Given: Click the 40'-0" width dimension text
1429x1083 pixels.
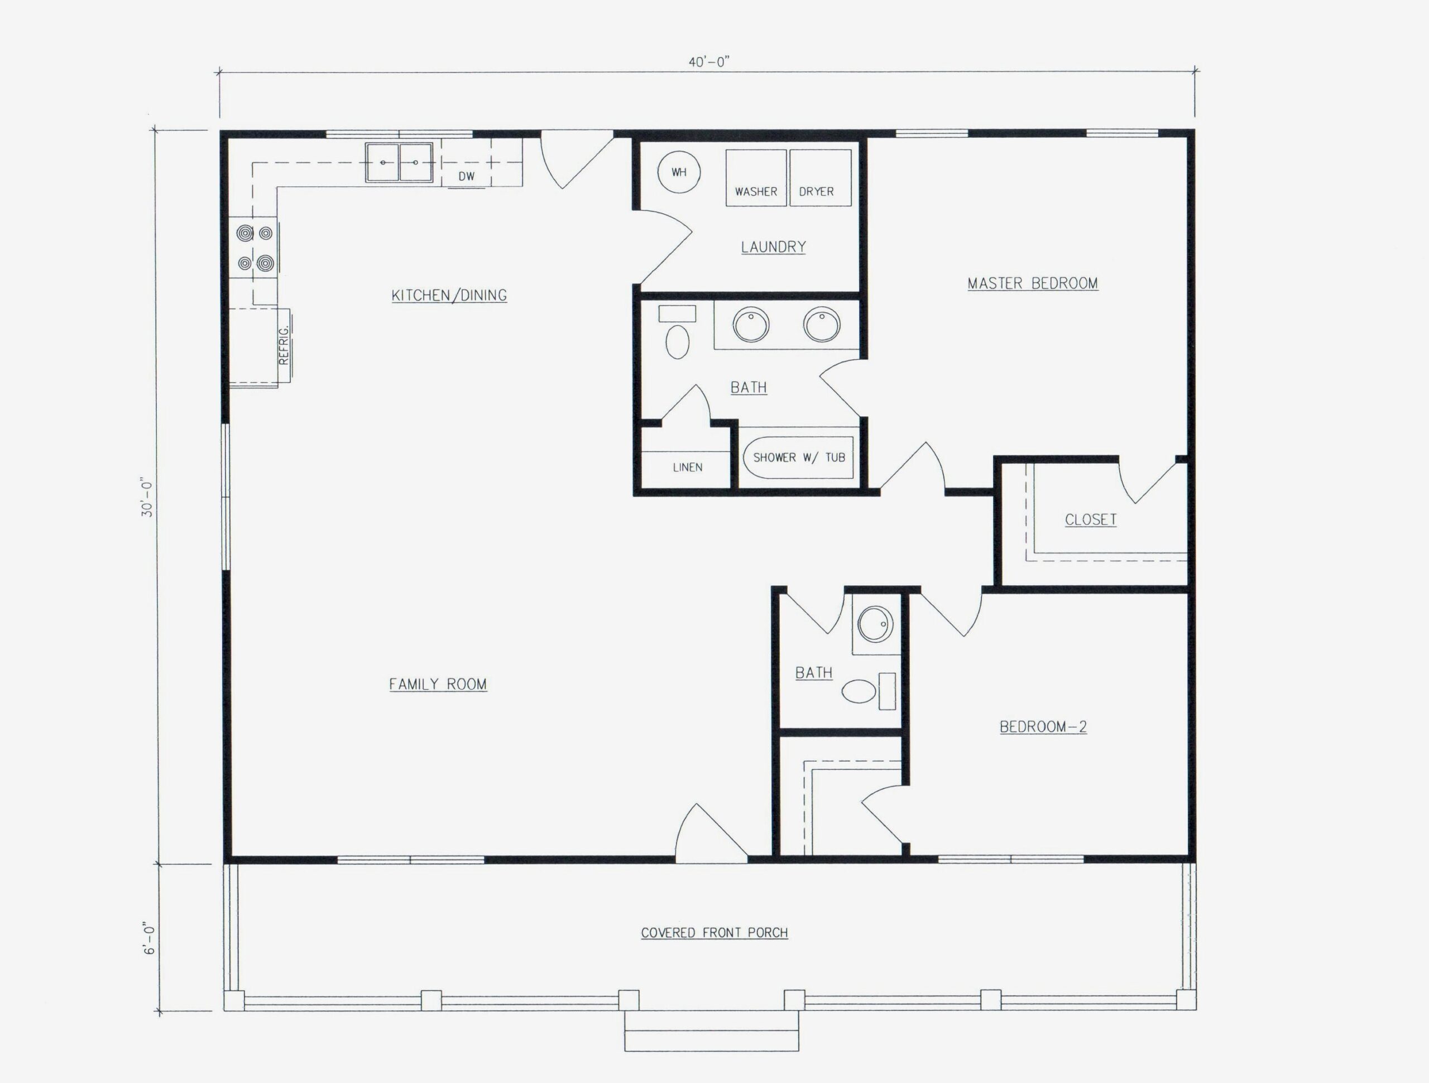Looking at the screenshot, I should [709, 62].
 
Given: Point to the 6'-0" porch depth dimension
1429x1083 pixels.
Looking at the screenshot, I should [149, 940].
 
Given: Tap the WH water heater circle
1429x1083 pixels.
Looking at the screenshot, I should [679, 172].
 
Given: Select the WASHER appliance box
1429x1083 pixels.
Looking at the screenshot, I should [756, 177].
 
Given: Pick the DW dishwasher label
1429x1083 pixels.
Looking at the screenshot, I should [467, 176].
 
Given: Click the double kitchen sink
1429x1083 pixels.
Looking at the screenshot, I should [399, 162].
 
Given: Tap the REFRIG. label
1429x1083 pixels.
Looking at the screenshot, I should [284, 345].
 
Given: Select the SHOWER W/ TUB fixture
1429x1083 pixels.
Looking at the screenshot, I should [798, 457].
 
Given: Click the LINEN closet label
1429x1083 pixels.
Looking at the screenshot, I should [687, 467].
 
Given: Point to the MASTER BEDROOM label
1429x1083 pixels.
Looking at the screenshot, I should [1032, 283].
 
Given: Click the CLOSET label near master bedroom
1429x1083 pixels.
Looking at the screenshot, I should [1091, 519].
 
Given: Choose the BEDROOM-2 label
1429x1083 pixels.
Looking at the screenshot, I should [1043, 726].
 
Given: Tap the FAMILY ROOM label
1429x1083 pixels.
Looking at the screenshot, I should [438, 684].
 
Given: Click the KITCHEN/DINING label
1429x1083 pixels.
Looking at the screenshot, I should [449, 295].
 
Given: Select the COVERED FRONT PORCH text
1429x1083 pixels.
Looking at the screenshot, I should [714, 932].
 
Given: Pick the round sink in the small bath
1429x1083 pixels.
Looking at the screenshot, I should [875, 624].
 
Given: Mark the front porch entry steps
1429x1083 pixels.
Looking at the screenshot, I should [711, 1031].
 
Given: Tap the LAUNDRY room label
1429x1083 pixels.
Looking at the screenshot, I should [773, 247].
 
